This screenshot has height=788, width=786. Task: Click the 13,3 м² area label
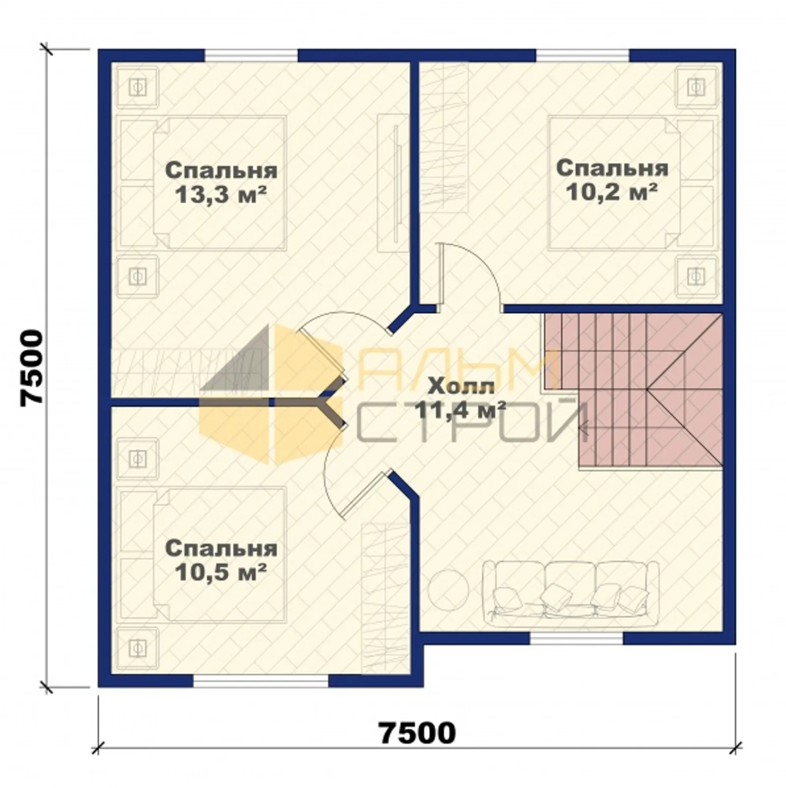point(221,196)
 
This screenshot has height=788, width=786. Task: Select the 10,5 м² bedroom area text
point(221,572)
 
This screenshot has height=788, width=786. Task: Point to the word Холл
point(461,387)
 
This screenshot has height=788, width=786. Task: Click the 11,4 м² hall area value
point(461,409)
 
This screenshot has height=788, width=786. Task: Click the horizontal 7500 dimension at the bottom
point(418,733)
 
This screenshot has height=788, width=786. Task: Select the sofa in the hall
point(570,593)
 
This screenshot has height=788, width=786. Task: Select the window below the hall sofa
point(577,638)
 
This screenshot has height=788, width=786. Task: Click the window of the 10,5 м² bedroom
point(260,680)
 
